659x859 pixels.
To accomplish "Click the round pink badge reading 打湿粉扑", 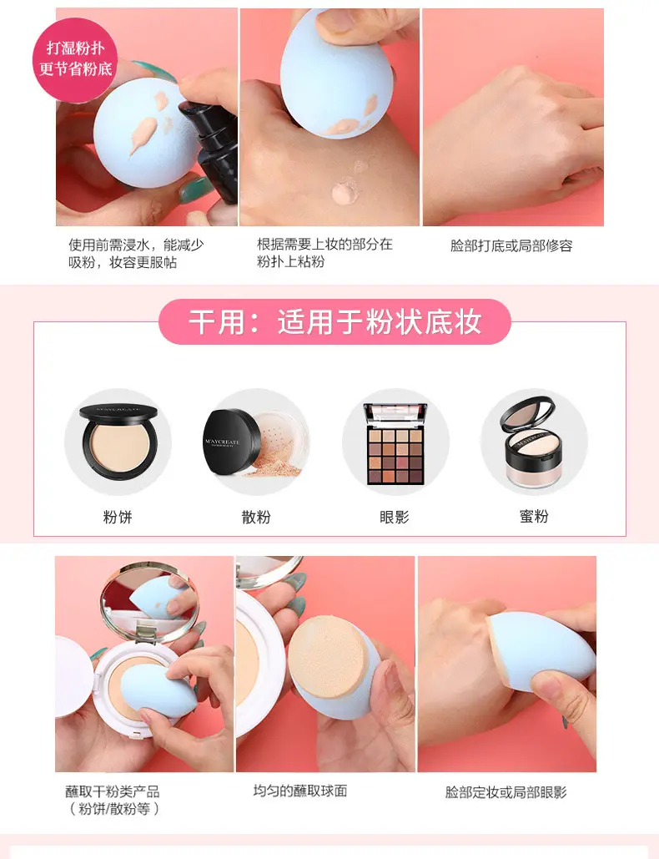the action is point(75,60).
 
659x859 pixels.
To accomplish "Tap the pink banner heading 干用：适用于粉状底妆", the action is point(335,321).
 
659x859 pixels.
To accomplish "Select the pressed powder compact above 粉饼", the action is point(118,439).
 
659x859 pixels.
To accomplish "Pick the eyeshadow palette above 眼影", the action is point(395,444).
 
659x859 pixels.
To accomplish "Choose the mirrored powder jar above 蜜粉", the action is point(529,442).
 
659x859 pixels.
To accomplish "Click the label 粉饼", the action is point(118,517).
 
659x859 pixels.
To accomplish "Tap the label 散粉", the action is point(256,517).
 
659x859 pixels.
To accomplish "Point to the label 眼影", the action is point(394,517).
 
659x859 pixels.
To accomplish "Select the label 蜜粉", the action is point(534,516).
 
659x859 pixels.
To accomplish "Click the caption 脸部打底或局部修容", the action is point(511,245).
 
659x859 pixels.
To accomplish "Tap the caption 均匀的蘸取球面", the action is point(300,791).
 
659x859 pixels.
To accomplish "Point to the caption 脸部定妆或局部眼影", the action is point(506,792).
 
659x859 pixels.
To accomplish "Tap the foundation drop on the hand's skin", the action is point(345,192).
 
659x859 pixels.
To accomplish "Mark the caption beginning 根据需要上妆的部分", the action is point(324,253).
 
